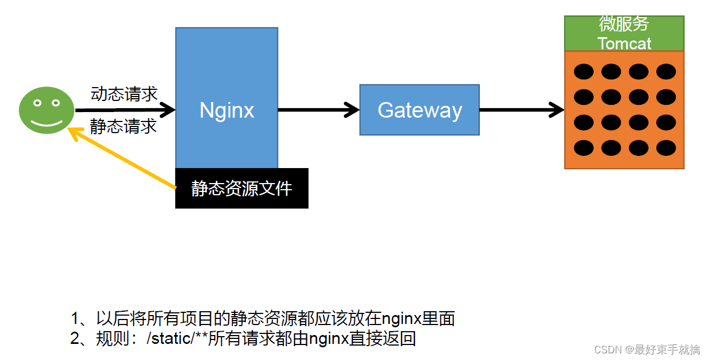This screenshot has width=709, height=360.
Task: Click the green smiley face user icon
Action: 47,110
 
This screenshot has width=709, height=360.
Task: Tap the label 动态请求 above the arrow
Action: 124,94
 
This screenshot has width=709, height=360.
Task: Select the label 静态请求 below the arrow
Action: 123,126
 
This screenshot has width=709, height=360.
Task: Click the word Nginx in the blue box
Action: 226,110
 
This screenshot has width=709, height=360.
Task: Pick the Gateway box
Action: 419,110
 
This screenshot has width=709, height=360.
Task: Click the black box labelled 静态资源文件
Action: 241,189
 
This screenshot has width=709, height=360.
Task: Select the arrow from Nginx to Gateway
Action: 318,110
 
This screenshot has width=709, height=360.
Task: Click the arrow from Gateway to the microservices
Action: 521,110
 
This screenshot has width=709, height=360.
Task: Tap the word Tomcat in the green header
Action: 624,43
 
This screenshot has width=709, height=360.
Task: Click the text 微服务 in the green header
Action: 624,24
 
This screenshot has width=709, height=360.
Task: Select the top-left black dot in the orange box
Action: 584,72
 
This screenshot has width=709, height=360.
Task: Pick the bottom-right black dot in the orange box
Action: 666,148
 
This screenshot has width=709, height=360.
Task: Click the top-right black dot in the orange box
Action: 666,72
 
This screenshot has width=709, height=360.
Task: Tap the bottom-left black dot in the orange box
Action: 584,148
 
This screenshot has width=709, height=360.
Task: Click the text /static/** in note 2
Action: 178,338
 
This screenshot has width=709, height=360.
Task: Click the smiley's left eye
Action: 37,103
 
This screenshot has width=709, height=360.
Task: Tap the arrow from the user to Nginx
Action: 125,110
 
